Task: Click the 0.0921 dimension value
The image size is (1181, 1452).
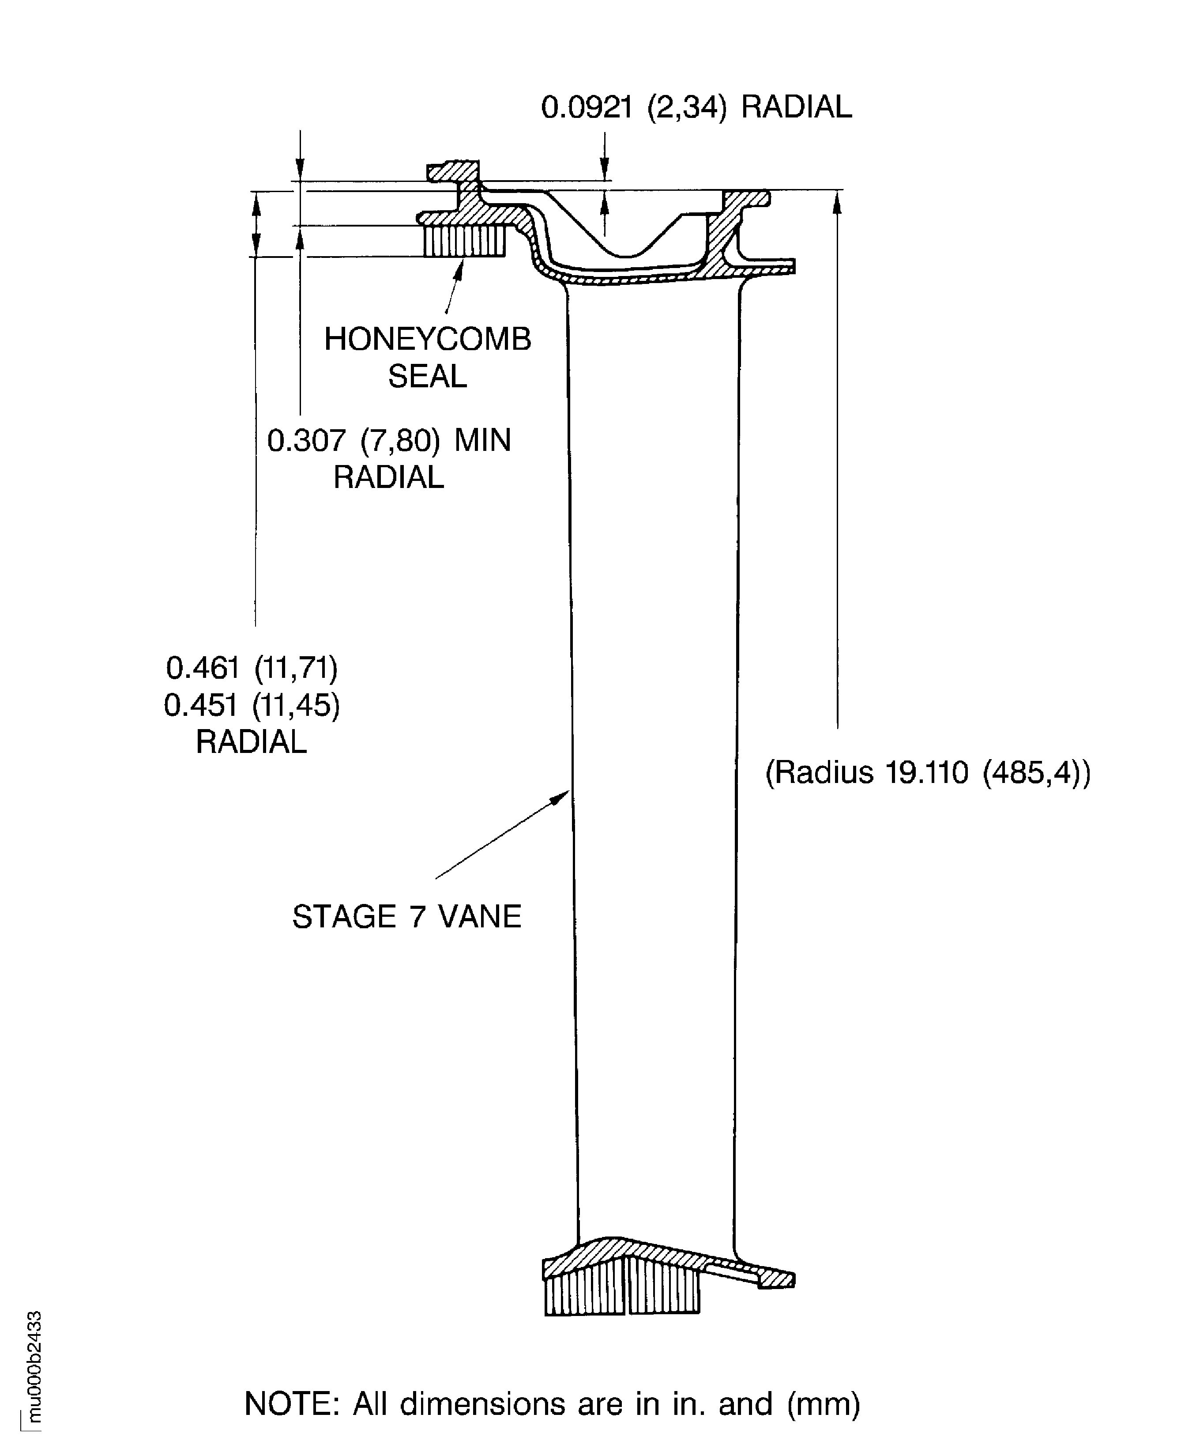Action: (x=587, y=108)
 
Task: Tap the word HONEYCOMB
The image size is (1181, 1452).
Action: (x=427, y=339)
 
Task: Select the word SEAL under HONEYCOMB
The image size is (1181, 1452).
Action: (x=427, y=376)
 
